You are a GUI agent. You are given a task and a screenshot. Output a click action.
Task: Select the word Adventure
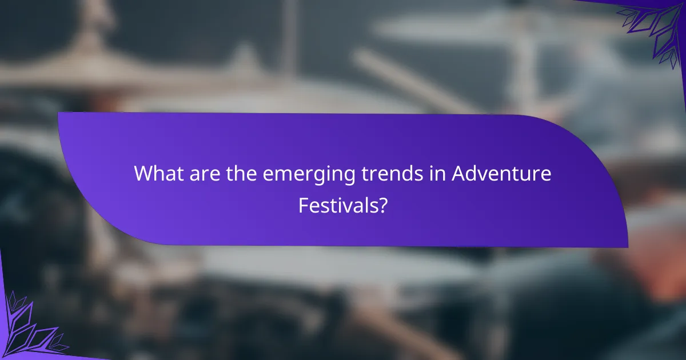(x=501, y=173)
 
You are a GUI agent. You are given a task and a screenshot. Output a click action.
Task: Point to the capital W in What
(x=143, y=173)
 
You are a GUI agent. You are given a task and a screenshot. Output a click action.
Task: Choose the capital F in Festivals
(x=303, y=205)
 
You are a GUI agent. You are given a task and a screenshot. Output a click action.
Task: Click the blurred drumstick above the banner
(x=400, y=80)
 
